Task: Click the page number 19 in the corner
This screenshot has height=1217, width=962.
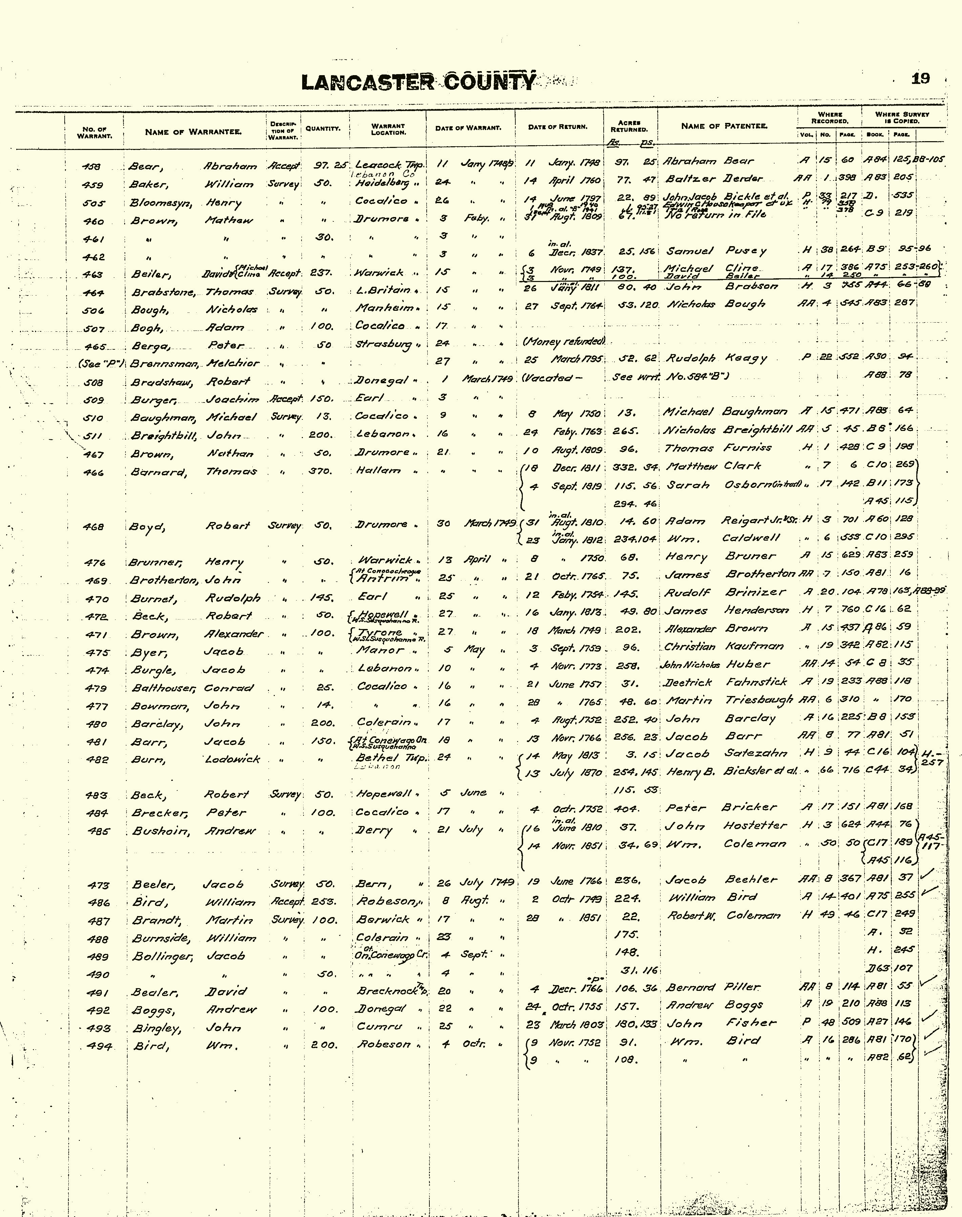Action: tap(920, 79)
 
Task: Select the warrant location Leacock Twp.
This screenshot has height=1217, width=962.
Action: tap(387, 166)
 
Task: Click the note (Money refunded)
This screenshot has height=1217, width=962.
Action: tap(564, 342)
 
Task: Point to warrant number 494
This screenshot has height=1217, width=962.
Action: tap(100, 1046)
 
